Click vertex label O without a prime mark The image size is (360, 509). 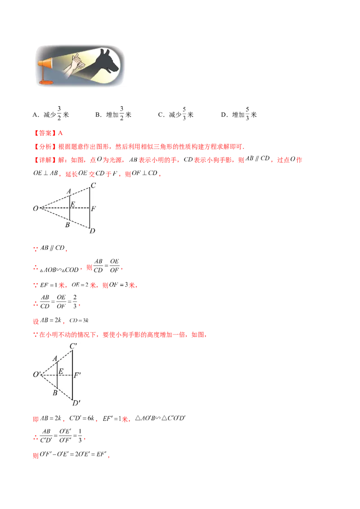click(x=35, y=209)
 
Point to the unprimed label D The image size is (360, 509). click(x=92, y=231)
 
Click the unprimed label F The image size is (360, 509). click(x=93, y=209)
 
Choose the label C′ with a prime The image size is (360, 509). click(x=74, y=346)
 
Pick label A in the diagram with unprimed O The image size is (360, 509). click(x=68, y=191)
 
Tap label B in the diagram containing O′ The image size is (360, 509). click(x=55, y=393)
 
